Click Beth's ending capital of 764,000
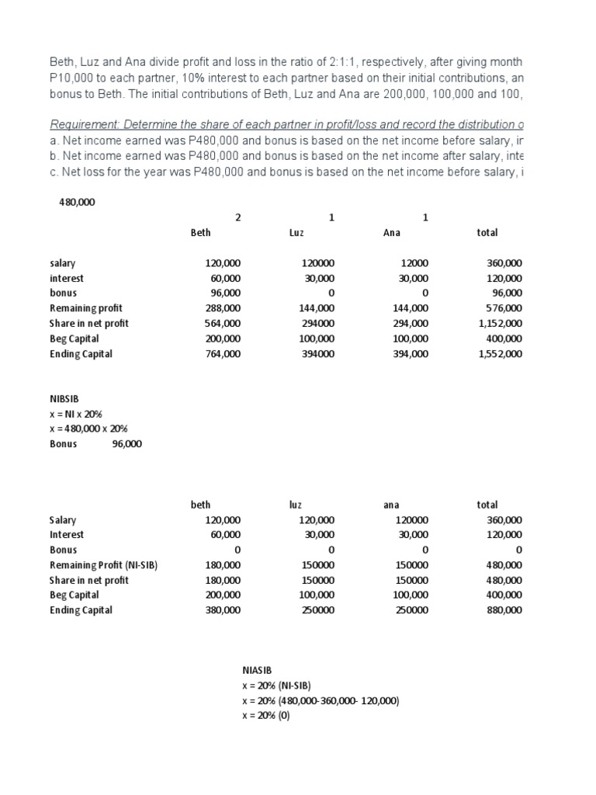(222, 354)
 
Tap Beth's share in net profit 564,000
(222, 324)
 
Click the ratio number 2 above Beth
(237, 217)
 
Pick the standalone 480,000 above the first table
(78, 202)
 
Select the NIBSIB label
(64, 398)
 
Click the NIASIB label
(258, 669)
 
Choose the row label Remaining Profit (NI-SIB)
(103, 565)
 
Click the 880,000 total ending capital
(504, 610)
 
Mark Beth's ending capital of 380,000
(222, 610)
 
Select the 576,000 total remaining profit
(504, 308)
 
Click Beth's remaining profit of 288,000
(222, 308)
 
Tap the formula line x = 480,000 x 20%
(88, 429)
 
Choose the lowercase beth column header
(200, 505)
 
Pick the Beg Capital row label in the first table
(76, 338)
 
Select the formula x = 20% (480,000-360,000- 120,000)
(321, 700)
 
